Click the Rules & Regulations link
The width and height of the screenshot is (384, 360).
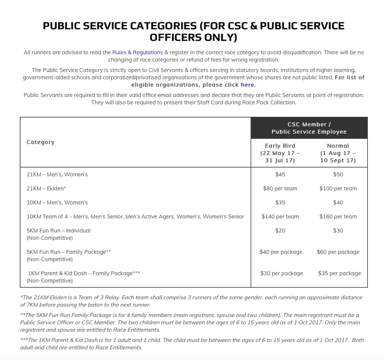click(x=137, y=52)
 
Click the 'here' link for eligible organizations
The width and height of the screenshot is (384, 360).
click(x=247, y=85)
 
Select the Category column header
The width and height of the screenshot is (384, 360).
click(x=40, y=142)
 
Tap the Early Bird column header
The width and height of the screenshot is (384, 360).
click(x=280, y=153)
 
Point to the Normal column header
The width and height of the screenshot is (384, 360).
click(x=338, y=153)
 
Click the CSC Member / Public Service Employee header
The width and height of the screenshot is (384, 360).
click(x=309, y=128)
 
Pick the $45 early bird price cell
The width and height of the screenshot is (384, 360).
click(x=280, y=174)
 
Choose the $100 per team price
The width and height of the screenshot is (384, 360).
click(x=338, y=188)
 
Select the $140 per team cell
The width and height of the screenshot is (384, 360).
click(x=280, y=217)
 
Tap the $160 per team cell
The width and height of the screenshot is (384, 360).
click(x=338, y=217)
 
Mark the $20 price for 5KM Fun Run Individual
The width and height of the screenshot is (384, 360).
click(x=280, y=230)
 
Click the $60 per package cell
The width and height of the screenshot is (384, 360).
click(x=338, y=252)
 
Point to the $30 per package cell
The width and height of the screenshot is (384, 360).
click(x=281, y=273)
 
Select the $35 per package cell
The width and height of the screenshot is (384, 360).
click(x=339, y=273)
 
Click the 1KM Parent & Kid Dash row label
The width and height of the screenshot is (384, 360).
click(x=84, y=273)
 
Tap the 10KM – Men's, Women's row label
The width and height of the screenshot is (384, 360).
click(x=57, y=202)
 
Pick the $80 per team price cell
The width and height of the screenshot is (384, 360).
click(x=280, y=188)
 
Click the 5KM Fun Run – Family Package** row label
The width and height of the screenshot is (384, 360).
click(x=69, y=252)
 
